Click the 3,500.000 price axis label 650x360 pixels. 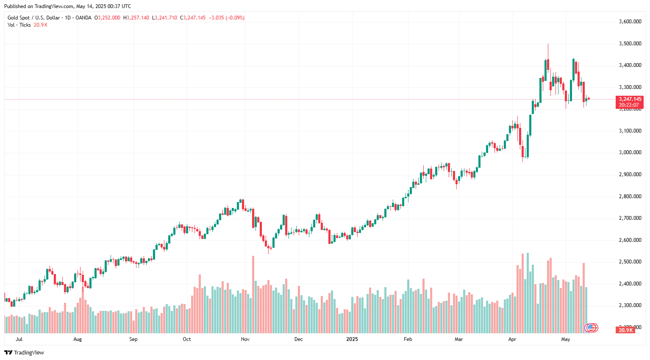[630, 44]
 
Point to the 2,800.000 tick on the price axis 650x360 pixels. [630, 197]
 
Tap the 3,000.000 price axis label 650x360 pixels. [630, 152]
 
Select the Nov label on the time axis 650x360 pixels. [245, 339]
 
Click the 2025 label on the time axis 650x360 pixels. [352, 339]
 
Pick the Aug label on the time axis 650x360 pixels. [78, 339]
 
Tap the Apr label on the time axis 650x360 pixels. [512, 339]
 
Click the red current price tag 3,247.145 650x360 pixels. [630, 99]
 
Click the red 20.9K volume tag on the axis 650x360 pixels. [625, 330]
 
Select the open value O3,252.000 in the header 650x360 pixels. [107, 18]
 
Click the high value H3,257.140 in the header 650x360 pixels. [136, 18]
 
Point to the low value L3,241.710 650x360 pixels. [164, 18]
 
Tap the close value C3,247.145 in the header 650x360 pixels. [193, 18]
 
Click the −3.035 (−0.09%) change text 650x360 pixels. [227, 18]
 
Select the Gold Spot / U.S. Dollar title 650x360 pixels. [34, 18]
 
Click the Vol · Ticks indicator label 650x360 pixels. [19, 25]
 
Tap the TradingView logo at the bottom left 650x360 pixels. [24, 352]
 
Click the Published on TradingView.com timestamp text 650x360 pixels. [67, 6]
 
